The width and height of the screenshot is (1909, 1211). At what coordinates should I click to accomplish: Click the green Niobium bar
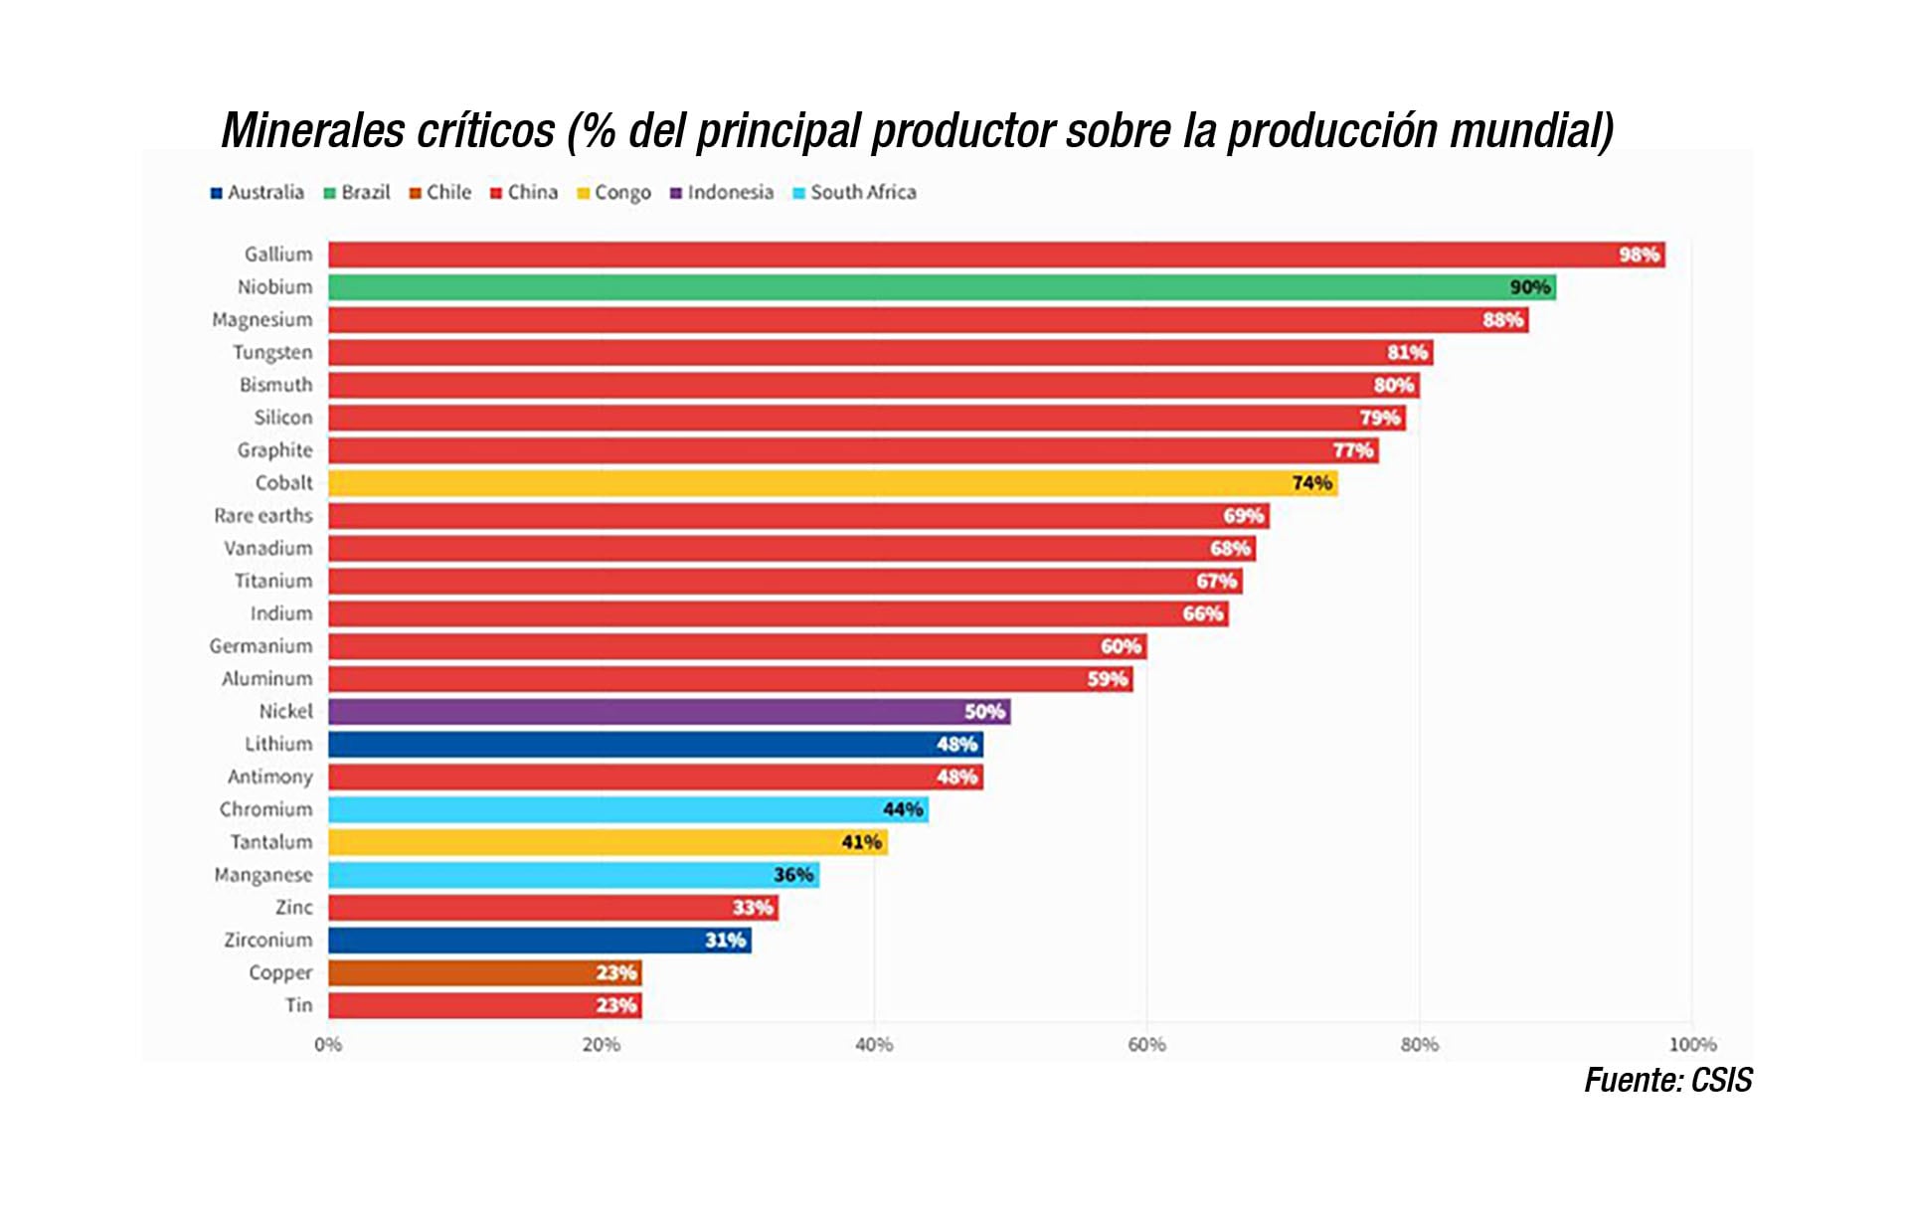[942, 287]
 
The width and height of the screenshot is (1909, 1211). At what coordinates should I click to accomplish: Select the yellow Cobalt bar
[832, 483]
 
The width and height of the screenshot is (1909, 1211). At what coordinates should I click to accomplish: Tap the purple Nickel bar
[668, 711]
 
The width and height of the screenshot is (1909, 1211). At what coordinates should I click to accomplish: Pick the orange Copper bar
[484, 972]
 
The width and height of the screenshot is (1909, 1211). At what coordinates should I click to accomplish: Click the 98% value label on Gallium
[1639, 255]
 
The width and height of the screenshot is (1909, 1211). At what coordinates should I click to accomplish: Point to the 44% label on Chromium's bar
[903, 809]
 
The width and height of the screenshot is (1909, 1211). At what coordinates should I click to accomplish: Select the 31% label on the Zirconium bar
[725, 940]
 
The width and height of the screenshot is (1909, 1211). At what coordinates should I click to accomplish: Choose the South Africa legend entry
[854, 192]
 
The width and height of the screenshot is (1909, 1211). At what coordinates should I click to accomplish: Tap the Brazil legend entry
[357, 192]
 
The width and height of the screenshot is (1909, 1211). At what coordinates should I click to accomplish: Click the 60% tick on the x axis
[1146, 1045]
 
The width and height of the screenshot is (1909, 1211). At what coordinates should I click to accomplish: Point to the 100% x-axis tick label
[1692, 1045]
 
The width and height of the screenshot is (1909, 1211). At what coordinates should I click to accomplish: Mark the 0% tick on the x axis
[328, 1045]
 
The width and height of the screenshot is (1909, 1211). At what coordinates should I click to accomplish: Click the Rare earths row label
[263, 515]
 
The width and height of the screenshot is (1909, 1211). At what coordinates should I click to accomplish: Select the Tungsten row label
[272, 352]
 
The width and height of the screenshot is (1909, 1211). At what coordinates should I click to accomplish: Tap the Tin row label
[298, 1005]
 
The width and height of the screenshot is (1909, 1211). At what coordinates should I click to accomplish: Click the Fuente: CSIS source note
[1667, 1080]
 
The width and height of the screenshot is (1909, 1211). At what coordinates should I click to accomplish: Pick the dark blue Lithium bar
[655, 744]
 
